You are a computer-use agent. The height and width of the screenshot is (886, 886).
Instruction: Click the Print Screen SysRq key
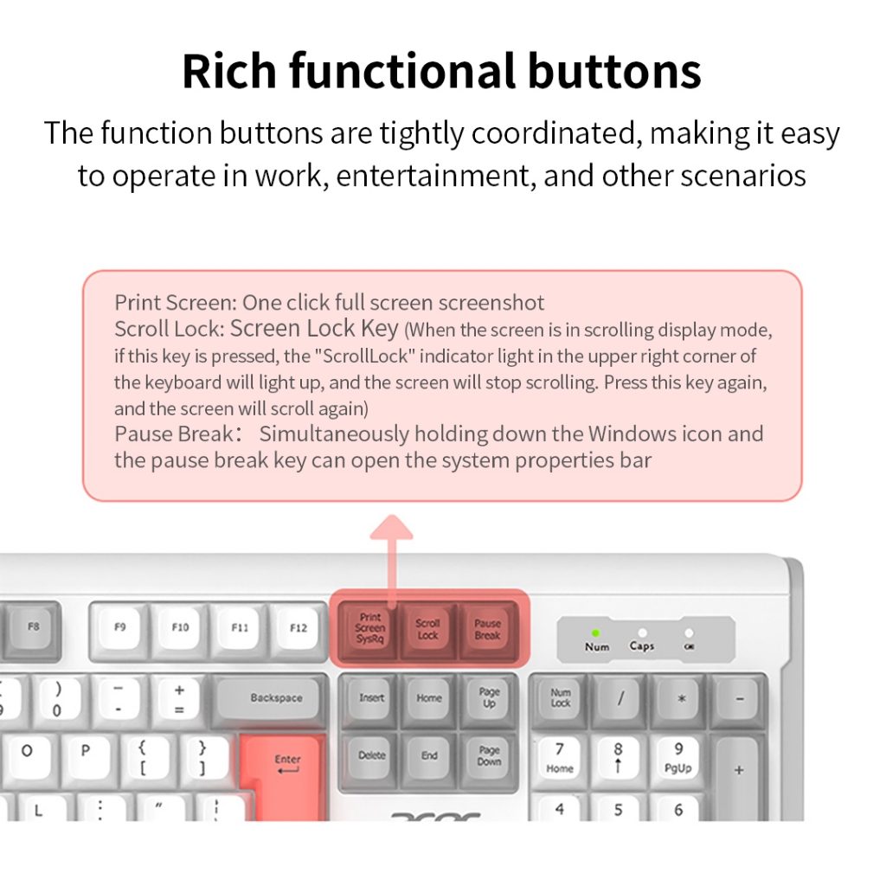coord(369,628)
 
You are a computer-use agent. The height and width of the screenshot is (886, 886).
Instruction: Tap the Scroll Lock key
coord(427,628)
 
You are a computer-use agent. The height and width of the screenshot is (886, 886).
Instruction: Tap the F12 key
coord(298,628)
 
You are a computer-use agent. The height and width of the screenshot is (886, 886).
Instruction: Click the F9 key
coord(119,628)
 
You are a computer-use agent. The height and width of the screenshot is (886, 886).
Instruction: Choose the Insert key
coord(371,699)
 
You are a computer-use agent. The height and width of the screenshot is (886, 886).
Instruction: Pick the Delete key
coord(371,758)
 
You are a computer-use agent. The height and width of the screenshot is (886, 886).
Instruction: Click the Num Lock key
coord(560,699)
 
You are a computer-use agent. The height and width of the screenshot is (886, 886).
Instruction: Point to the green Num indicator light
coord(595,632)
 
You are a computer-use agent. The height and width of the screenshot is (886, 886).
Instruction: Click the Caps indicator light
coord(642,632)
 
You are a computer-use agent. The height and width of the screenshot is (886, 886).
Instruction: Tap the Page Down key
coord(489,758)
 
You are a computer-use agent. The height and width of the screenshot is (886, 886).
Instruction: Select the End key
coord(429,758)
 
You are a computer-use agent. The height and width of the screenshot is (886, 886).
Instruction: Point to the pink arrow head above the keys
coord(392,527)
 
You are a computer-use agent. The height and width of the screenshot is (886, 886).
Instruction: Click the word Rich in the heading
coord(229,71)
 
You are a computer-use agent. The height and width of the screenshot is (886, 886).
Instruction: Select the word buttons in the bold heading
coord(614,71)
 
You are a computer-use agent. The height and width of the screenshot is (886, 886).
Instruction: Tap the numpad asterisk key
coord(680,699)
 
